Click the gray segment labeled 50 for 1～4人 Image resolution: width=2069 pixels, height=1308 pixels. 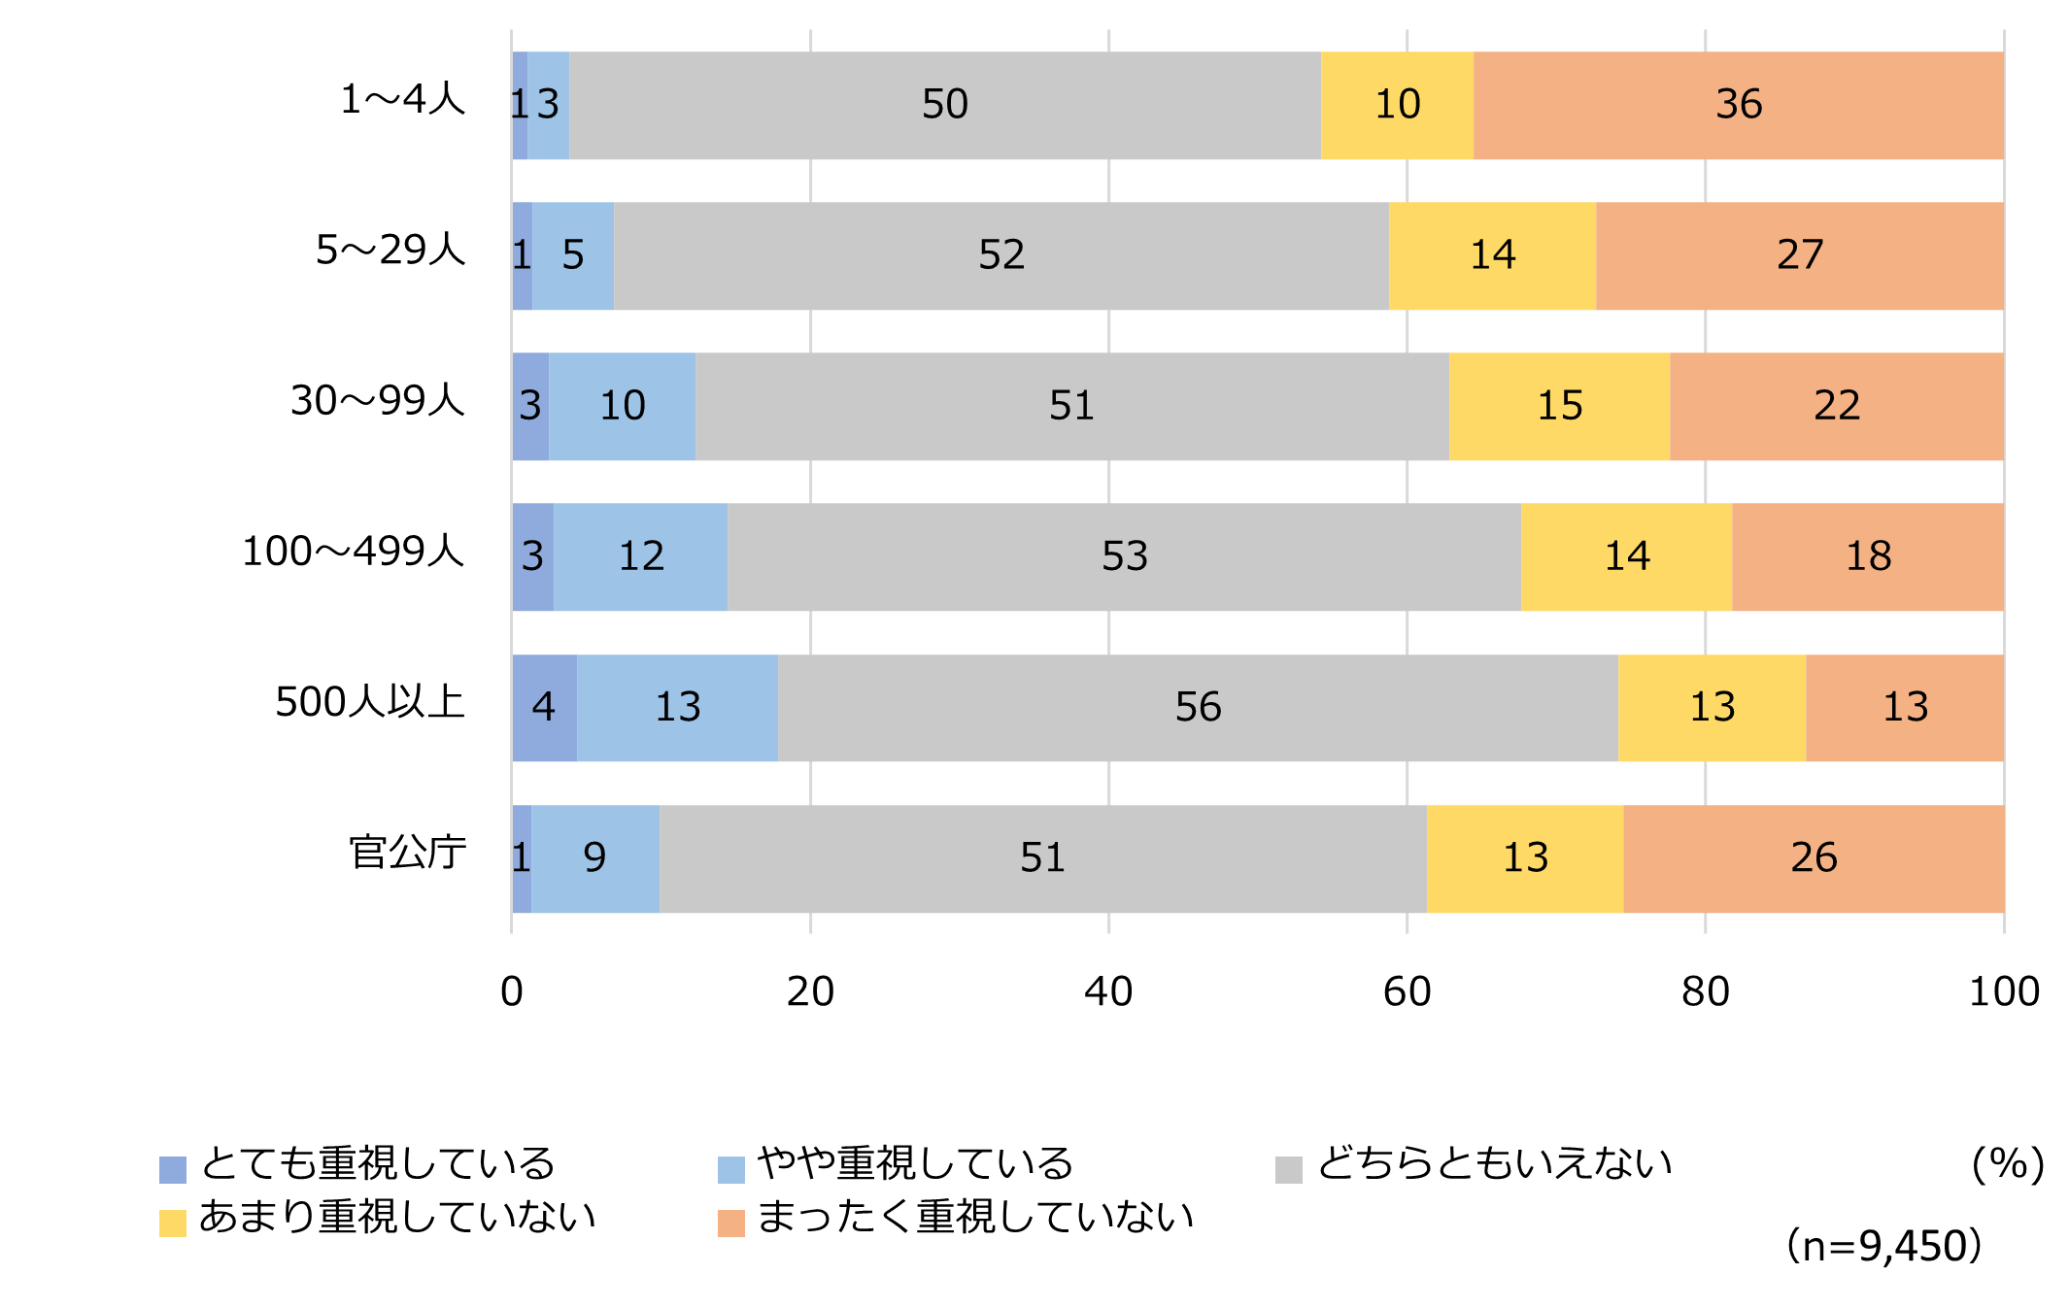tap(944, 105)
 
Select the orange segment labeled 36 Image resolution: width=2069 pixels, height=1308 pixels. tap(1738, 105)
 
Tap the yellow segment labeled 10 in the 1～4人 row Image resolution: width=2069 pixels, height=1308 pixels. tap(1397, 105)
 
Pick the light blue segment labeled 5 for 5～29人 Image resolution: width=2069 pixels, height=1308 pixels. tap(573, 255)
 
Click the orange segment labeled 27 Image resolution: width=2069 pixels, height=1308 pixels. tap(1799, 255)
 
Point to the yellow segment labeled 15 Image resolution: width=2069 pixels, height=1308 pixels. tap(1559, 406)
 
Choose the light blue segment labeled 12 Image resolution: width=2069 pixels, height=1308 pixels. tap(640, 556)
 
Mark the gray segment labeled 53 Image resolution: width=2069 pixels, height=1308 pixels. tap(1124, 556)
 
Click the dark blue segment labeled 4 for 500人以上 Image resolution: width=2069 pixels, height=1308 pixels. tap(544, 707)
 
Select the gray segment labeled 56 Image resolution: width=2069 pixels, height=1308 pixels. tap(1198, 707)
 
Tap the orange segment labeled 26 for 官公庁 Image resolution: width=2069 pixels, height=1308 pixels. tap(1813, 858)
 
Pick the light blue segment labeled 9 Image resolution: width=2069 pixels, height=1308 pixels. tap(594, 858)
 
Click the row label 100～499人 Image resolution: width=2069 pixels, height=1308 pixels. tap(354, 552)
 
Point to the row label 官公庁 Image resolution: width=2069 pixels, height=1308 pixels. tap(408, 853)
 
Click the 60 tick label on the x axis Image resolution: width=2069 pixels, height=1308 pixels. tap(1407, 991)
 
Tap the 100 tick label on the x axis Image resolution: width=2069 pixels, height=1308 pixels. tap(2003, 991)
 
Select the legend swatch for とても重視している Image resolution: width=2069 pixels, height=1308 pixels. tap(173, 1169)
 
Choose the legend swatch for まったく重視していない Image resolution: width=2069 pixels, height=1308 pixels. tap(730, 1223)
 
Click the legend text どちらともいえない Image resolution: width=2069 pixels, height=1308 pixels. tap(1494, 1163)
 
